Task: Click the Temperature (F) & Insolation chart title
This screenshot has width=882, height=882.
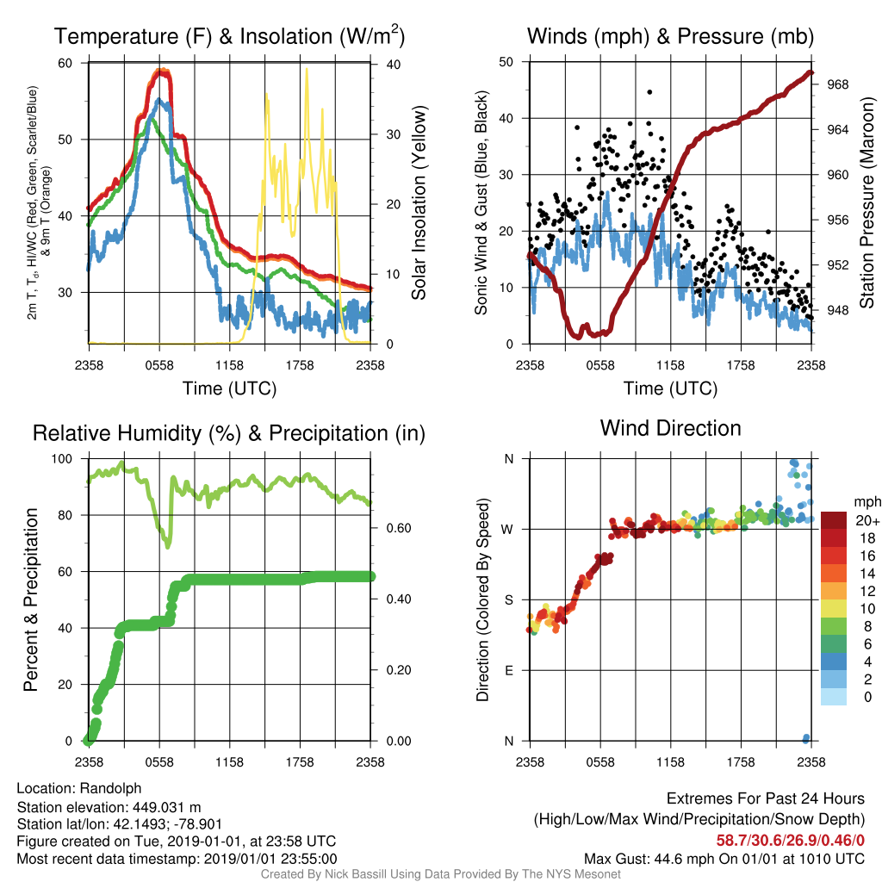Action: point(229,36)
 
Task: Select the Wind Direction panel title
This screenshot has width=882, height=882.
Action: point(670,428)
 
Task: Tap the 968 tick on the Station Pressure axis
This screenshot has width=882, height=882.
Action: point(837,84)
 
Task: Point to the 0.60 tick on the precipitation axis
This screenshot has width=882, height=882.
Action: point(399,528)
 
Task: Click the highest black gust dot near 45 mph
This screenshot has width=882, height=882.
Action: point(649,91)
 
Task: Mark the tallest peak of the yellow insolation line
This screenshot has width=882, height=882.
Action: point(307,69)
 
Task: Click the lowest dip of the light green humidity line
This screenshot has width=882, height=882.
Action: point(167,545)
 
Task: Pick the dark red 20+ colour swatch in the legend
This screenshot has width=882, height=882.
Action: point(834,520)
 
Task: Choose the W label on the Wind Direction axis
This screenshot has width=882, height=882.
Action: point(507,530)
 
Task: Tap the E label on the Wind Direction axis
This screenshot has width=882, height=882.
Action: point(508,670)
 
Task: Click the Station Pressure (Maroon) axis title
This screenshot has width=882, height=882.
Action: point(867,202)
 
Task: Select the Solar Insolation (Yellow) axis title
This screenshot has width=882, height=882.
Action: point(419,202)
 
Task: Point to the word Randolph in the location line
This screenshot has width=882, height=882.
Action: point(111,789)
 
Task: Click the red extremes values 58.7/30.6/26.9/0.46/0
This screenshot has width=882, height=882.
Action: point(791,841)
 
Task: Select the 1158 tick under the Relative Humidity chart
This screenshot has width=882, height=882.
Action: point(229,762)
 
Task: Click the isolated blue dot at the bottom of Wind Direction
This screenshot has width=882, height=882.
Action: point(806,738)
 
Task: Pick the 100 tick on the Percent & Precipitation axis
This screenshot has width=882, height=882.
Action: point(62,459)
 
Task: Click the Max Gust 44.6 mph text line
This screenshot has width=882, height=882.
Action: point(724,859)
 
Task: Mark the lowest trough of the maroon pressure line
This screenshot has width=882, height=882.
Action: point(578,337)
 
